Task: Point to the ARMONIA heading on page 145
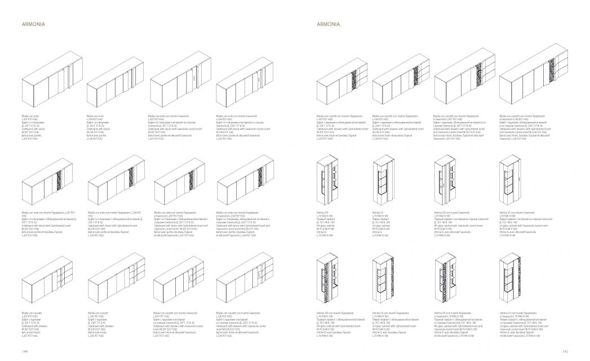(327, 25)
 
